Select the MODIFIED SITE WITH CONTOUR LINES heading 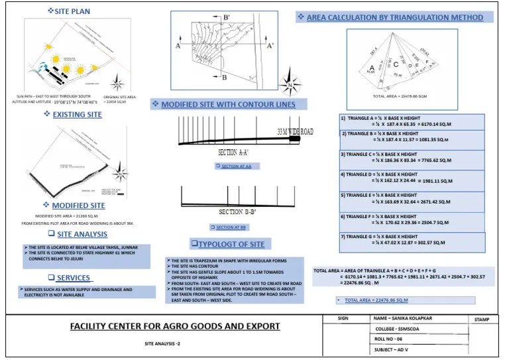(228, 105)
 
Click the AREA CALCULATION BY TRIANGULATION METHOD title (394, 17)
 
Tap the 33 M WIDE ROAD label (295, 132)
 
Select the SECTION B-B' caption (237, 212)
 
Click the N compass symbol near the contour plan (290, 84)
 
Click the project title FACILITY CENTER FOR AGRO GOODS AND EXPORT (175, 326)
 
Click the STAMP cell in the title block (482, 320)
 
